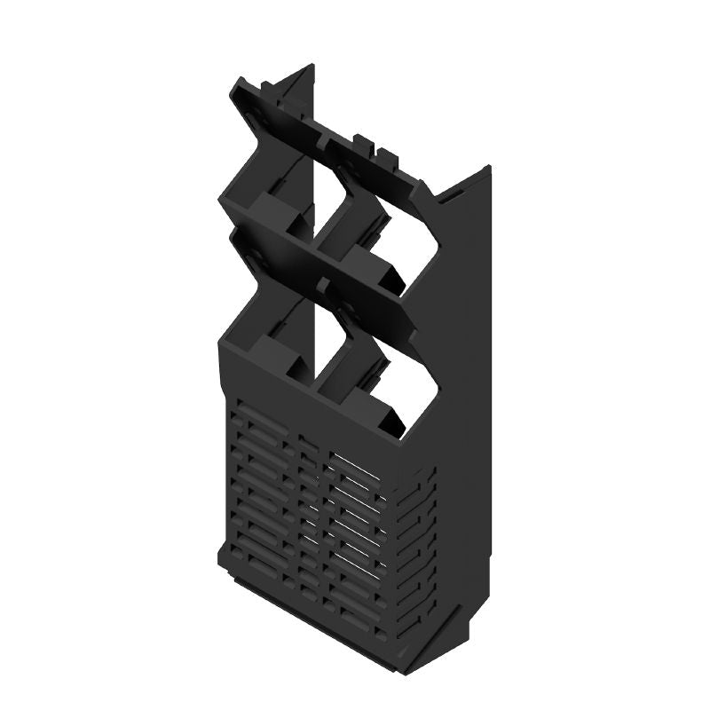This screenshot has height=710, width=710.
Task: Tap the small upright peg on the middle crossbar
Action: pyautogui.click(x=325, y=283)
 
